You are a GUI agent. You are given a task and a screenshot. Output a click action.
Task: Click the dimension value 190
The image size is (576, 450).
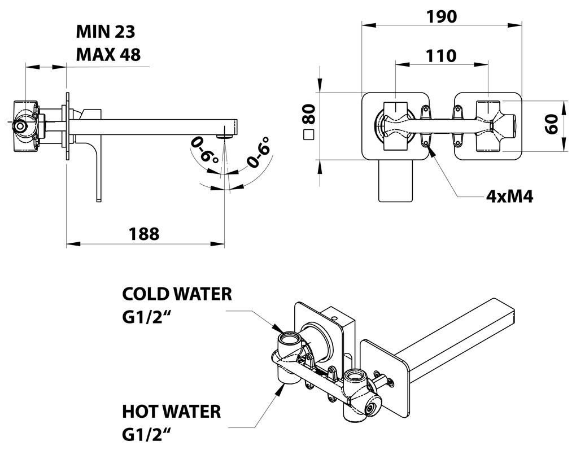click(442, 16)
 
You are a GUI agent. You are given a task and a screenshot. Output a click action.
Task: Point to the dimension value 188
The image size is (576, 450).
click(145, 233)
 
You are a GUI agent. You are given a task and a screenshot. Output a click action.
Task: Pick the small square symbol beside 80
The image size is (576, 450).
click(308, 135)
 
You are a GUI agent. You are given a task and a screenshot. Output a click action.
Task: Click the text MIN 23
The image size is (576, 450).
click(106, 32)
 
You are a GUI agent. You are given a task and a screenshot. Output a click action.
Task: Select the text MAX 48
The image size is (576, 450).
click(108, 54)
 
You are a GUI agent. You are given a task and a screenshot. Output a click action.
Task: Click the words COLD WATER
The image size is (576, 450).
click(177, 294)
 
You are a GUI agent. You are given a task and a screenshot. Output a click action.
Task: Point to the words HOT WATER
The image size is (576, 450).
click(172, 411)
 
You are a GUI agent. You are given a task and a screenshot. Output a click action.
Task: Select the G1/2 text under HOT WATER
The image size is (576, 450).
click(147, 435)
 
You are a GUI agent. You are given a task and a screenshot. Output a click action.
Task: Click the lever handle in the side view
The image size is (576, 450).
click(97, 169)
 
